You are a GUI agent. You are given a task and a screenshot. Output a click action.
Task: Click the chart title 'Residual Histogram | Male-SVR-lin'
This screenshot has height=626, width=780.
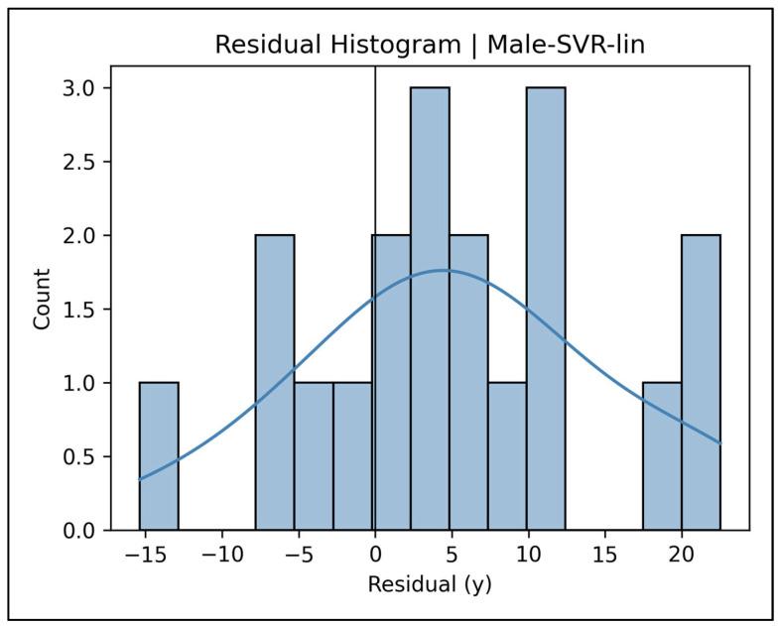click(430, 47)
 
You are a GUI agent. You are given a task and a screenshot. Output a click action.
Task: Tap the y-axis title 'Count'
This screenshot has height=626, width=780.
click(43, 298)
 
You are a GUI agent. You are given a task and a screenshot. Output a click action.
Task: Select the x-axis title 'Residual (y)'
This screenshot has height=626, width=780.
click(430, 584)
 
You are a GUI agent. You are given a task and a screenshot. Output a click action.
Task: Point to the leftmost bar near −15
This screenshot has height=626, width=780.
click(159, 456)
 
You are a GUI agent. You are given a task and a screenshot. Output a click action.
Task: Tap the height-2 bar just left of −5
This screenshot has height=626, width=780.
click(275, 383)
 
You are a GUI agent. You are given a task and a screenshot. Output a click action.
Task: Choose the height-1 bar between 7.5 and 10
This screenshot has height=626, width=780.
click(507, 456)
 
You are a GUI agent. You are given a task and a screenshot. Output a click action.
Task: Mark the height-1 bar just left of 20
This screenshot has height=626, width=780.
click(662, 456)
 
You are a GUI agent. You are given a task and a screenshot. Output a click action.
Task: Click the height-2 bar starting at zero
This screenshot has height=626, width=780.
click(391, 383)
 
